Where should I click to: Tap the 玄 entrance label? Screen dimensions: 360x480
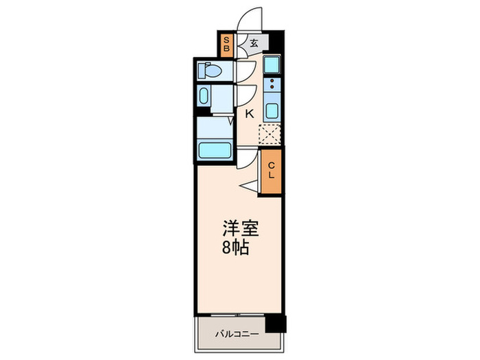click(x=254, y=44)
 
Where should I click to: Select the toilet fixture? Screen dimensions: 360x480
click(x=209, y=70)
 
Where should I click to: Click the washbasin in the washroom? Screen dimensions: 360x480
click(x=204, y=95)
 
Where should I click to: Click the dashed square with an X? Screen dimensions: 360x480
click(x=270, y=134)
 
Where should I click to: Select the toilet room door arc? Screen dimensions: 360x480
click(x=246, y=71)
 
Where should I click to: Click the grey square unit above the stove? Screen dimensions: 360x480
click(x=273, y=64)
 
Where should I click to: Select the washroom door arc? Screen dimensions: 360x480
click(x=245, y=95)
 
